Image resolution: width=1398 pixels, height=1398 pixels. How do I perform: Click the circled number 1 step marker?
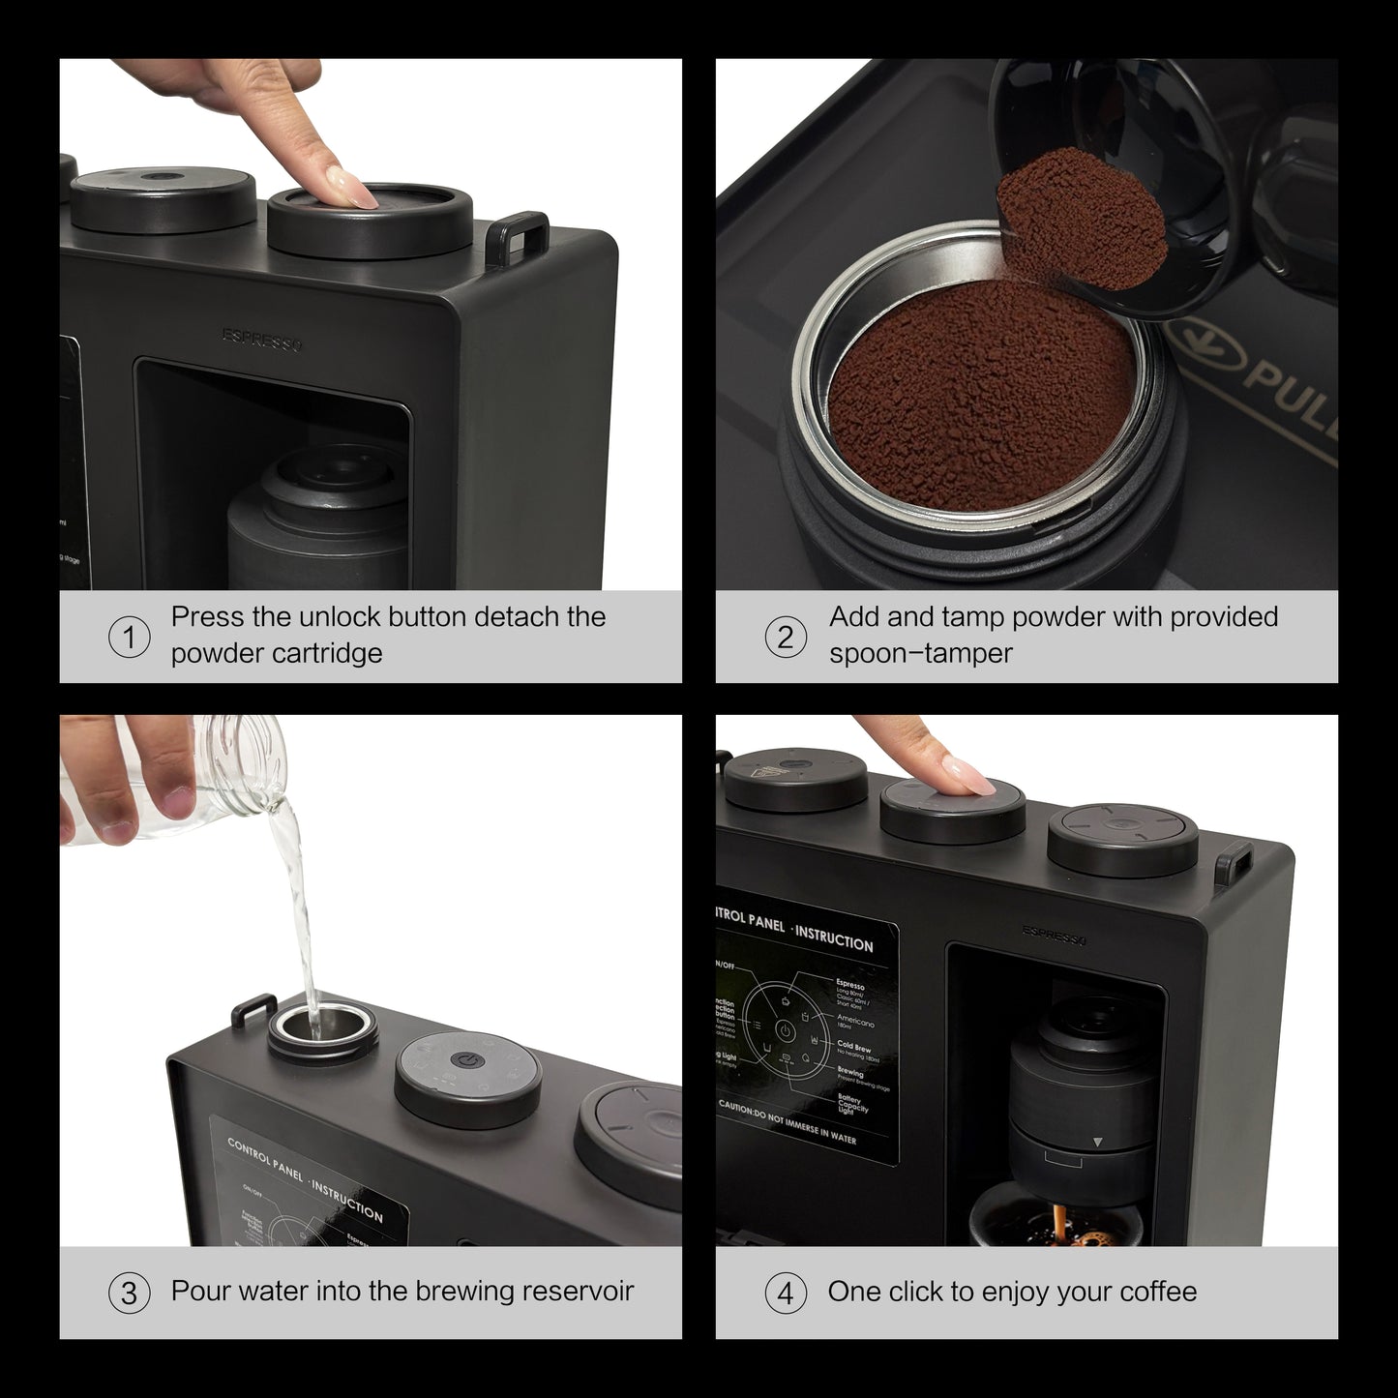click(129, 639)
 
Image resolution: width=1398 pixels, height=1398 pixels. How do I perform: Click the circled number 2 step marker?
click(785, 639)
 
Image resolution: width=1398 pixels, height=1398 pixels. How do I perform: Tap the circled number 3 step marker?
click(129, 1294)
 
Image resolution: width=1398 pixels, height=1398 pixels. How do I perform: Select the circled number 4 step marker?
click(785, 1294)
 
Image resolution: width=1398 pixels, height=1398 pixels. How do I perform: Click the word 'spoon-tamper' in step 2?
click(920, 654)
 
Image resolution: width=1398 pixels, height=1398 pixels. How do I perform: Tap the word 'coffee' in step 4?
click(1157, 1292)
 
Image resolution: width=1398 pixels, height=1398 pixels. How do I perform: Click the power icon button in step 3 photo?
click(467, 1061)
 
